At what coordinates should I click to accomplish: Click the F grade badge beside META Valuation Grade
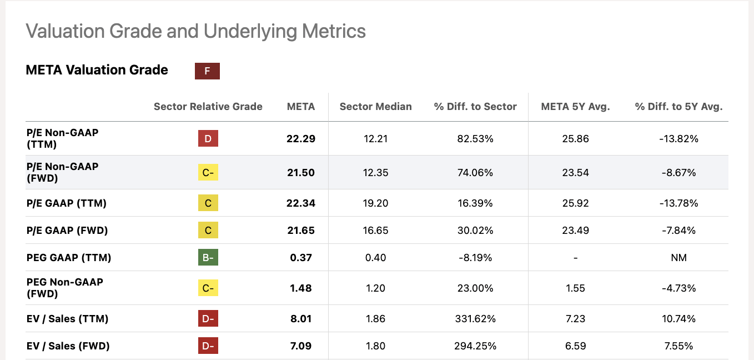[x=207, y=71]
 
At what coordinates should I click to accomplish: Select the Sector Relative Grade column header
[x=208, y=107]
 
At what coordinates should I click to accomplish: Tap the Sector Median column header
[x=375, y=107]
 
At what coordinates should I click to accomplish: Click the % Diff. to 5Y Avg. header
[x=678, y=107]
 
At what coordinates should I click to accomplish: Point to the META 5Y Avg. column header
[x=575, y=107]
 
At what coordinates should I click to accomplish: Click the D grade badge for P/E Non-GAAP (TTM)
[x=208, y=139]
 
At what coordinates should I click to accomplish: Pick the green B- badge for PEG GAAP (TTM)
[x=208, y=258]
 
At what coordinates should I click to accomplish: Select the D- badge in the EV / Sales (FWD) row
[x=208, y=346]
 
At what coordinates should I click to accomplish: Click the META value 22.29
[x=301, y=139]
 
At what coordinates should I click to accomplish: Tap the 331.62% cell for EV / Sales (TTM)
[x=475, y=319]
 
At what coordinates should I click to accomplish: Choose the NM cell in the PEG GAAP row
[x=678, y=258]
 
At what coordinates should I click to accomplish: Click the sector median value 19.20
[x=375, y=203]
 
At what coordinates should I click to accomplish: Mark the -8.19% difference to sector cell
[x=475, y=258]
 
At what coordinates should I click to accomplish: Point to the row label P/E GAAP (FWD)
[x=67, y=231]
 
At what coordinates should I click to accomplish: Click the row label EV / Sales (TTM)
[x=67, y=319]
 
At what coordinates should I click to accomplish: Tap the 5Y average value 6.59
[x=575, y=346]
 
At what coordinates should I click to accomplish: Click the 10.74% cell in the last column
[x=678, y=319]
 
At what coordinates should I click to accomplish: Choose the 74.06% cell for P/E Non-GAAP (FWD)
[x=475, y=173]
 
